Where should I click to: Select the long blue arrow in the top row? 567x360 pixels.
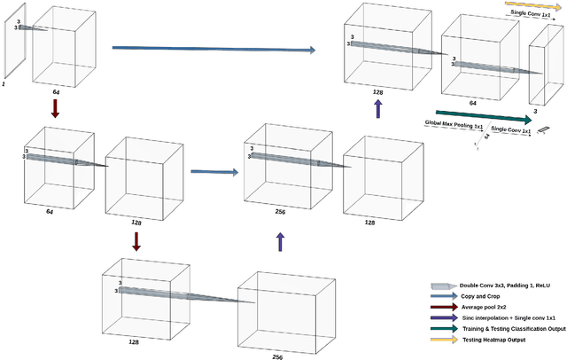tap(213, 50)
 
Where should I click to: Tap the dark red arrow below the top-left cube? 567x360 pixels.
tap(55, 108)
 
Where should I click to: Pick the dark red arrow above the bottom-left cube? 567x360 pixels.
tap(136, 241)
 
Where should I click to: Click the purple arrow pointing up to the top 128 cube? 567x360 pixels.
tap(378, 108)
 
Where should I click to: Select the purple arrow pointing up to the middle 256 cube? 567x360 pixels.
tap(281, 241)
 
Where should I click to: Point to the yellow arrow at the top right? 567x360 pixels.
tap(528, 6)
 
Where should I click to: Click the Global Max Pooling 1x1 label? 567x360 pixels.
tap(454, 125)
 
